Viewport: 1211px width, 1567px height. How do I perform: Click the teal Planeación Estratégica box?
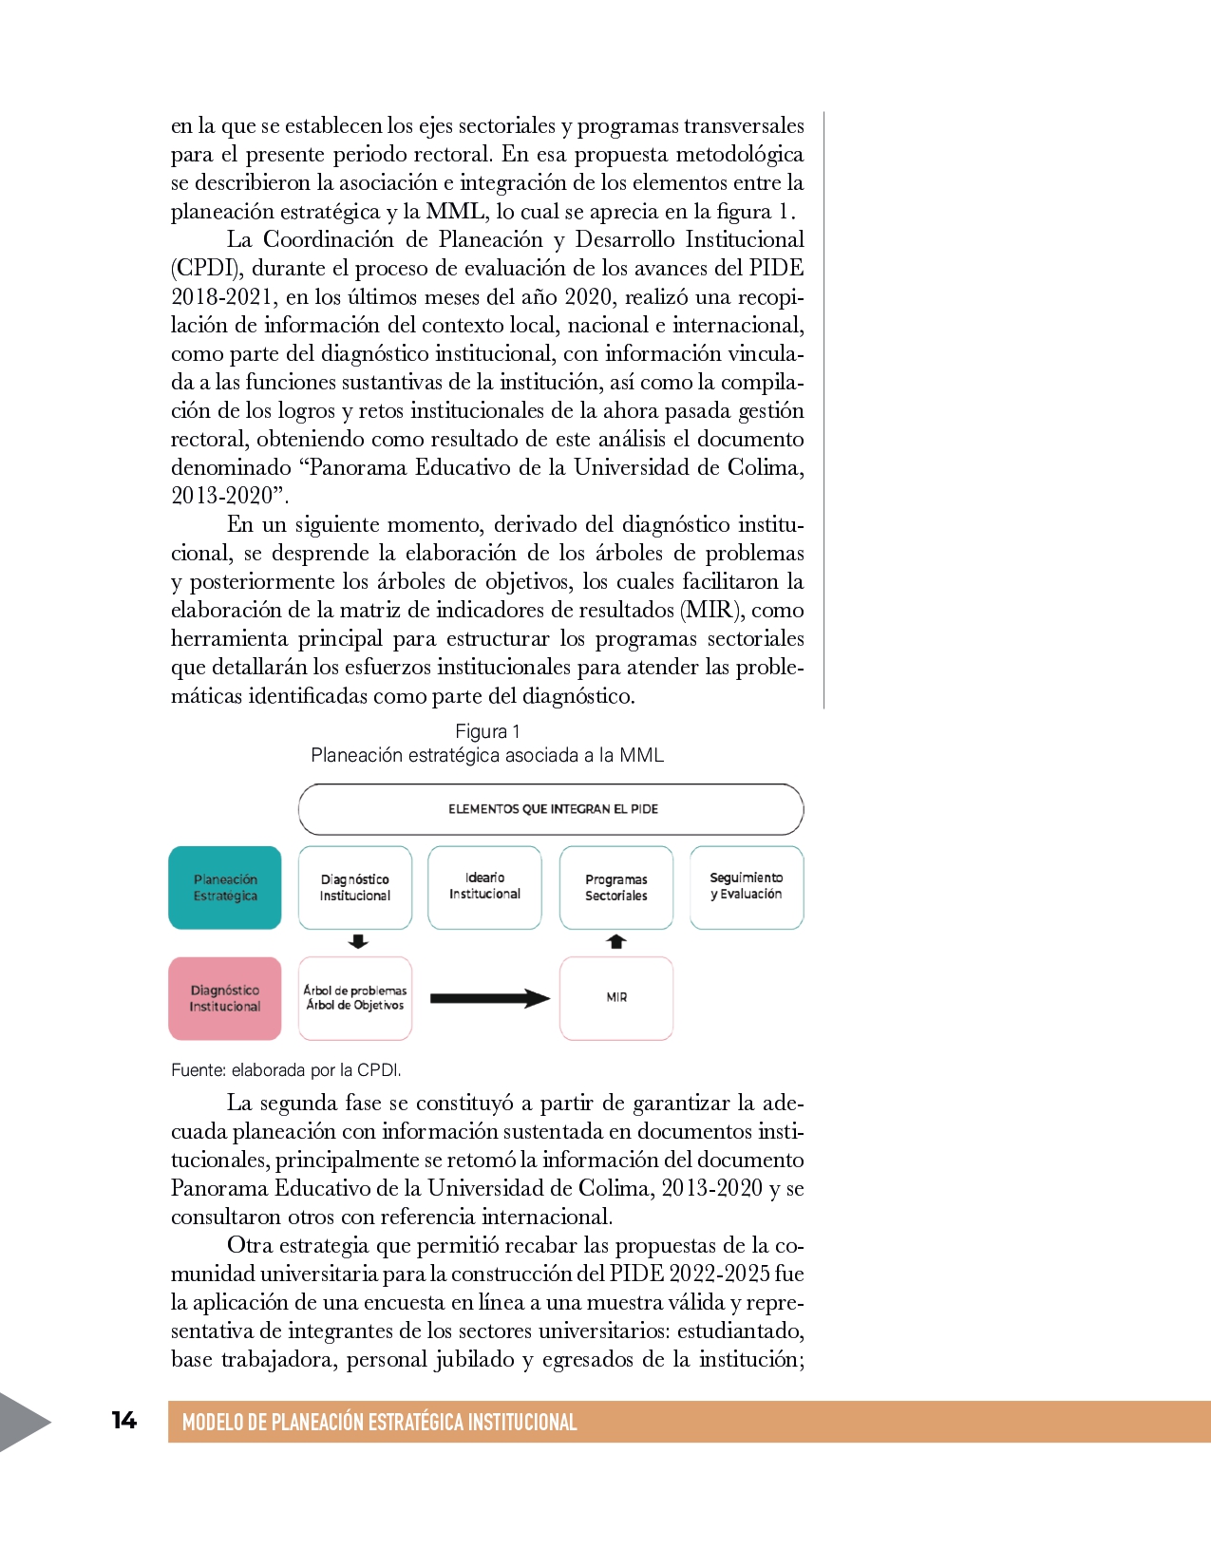point(225,887)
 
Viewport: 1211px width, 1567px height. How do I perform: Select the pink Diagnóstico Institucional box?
point(225,998)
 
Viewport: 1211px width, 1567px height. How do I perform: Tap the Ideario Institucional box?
point(484,886)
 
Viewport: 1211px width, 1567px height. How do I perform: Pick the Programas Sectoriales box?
point(615,887)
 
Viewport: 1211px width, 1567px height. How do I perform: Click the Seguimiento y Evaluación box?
point(747,886)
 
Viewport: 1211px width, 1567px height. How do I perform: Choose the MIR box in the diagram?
point(616,997)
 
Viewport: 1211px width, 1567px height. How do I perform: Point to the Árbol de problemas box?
point(355,997)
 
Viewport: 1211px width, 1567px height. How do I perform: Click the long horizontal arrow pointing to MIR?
point(489,998)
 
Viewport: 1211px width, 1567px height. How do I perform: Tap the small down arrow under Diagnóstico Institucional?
point(358,942)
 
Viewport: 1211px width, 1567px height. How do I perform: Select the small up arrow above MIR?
point(616,942)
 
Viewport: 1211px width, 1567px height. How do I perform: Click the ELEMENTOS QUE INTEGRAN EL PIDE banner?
point(552,809)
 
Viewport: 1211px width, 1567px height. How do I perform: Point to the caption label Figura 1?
point(487,731)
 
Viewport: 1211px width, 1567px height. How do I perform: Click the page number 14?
point(123,1420)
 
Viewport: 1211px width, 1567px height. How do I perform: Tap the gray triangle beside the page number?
point(21,1422)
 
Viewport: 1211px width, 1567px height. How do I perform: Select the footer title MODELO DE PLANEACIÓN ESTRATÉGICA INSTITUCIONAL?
point(379,1422)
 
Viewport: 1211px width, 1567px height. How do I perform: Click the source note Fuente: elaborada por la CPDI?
point(286,1070)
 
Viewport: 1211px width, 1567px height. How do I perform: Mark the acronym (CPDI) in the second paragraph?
point(205,268)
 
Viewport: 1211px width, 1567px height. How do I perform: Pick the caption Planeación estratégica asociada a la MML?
point(487,755)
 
